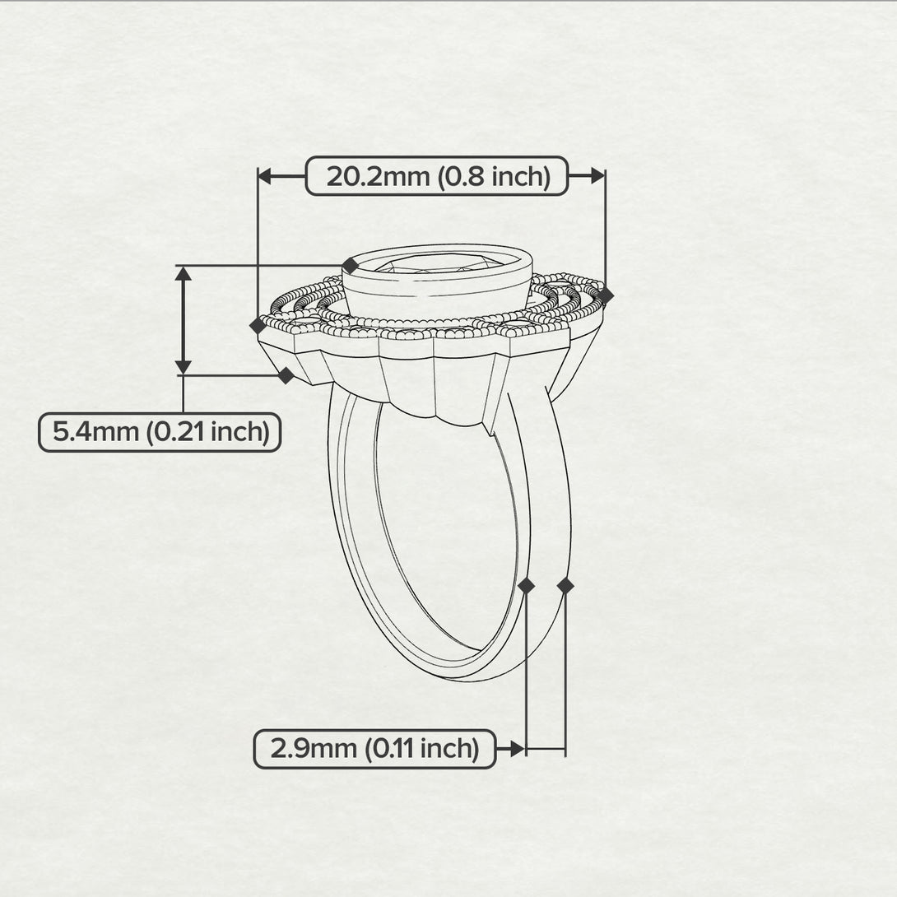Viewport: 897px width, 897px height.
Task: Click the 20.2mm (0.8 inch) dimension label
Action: point(437,176)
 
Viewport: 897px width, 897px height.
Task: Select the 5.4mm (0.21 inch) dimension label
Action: point(160,432)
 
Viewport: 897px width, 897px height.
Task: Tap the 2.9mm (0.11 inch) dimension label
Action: point(374,748)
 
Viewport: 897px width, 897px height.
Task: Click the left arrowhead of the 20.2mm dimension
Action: point(265,176)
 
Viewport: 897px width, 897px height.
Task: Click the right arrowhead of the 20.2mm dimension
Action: point(597,176)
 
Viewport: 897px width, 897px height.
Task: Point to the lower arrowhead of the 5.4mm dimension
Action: point(183,367)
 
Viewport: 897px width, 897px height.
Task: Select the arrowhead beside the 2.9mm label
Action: point(518,748)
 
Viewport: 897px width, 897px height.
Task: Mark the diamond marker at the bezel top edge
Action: point(350,266)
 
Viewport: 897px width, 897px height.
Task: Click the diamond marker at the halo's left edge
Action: point(258,326)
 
